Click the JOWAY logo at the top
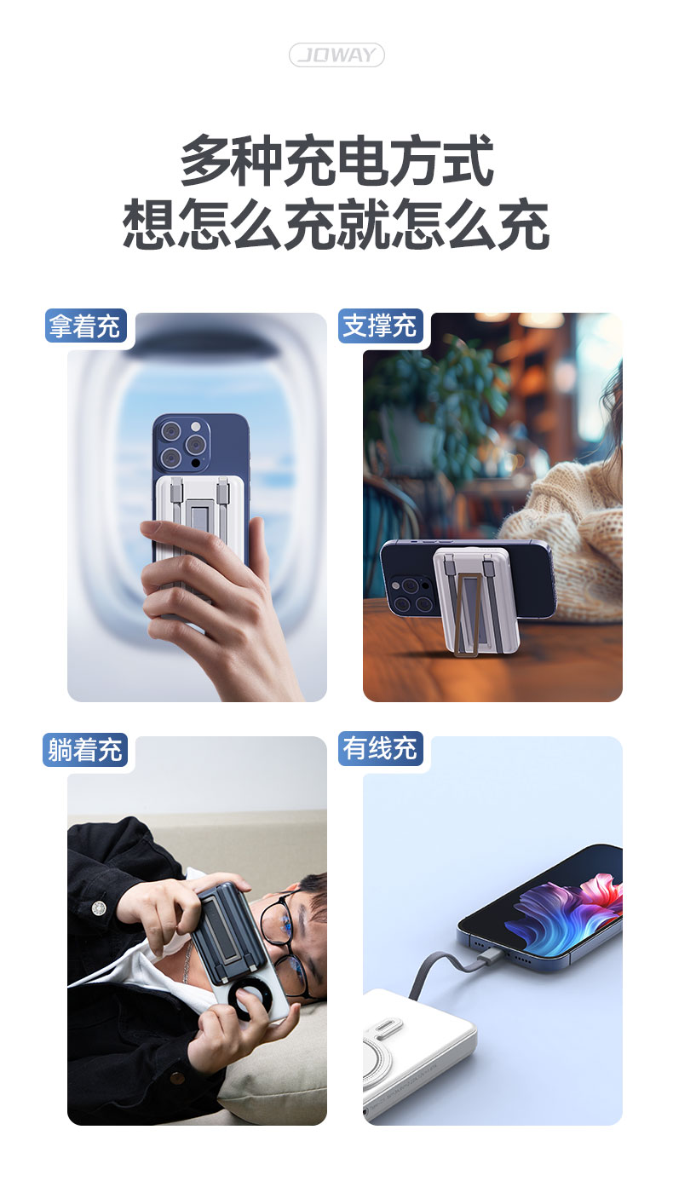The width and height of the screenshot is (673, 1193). point(336,55)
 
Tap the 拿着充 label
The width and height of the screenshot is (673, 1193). point(85,326)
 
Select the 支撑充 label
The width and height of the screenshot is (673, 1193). point(380,326)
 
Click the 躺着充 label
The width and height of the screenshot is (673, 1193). point(85,749)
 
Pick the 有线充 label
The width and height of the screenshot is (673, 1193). point(380,748)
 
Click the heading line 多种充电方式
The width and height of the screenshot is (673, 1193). point(336,160)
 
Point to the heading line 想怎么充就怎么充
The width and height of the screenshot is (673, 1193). point(336,223)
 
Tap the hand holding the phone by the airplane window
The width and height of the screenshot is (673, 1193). point(213,602)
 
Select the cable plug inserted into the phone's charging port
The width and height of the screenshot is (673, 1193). point(490,959)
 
